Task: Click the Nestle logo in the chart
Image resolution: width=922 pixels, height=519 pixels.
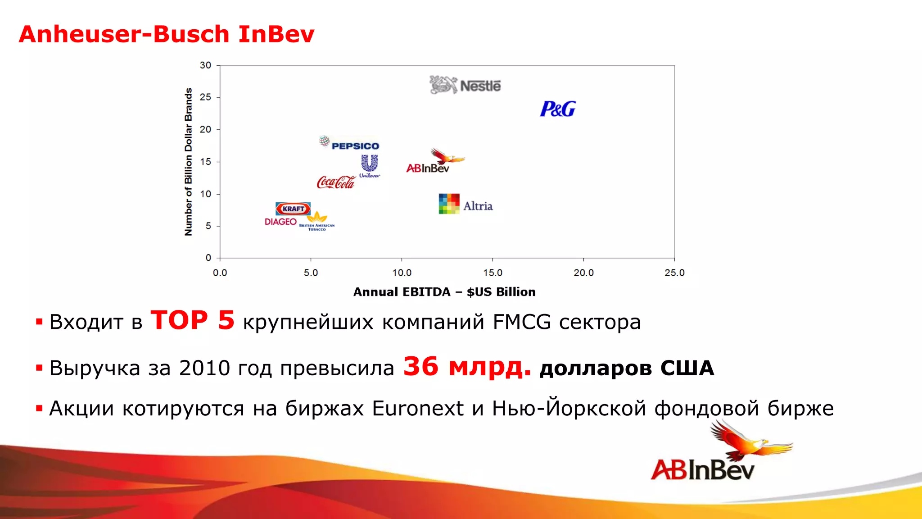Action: click(x=465, y=85)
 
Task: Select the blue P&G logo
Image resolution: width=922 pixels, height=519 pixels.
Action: click(x=558, y=109)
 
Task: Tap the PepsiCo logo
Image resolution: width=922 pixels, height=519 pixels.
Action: click(x=350, y=144)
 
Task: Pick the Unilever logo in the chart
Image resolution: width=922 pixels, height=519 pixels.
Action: click(x=370, y=166)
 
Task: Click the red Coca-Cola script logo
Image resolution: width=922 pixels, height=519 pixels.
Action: click(x=336, y=182)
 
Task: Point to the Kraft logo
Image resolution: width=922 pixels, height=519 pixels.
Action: click(x=293, y=209)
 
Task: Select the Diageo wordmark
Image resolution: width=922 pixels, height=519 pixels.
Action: click(x=280, y=222)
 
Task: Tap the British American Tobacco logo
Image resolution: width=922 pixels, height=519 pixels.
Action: click(x=317, y=222)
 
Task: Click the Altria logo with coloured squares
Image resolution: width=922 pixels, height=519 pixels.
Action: click(x=466, y=204)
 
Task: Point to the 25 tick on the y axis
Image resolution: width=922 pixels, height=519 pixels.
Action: click(x=205, y=97)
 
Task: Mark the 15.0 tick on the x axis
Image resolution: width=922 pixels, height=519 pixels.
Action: click(x=493, y=273)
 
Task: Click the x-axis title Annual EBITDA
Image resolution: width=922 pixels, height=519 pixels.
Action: click(x=444, y=292)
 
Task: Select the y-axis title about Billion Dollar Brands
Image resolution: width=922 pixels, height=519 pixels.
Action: click(x=188, y=162)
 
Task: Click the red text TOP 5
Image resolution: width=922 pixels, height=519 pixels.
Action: click(x=192, y=320)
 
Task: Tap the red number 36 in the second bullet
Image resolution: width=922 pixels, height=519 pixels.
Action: click(x=420, y=366)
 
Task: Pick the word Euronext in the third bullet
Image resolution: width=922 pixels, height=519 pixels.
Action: click(x=417, y=409)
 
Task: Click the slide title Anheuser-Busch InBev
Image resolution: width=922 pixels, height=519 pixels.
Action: click(x=167, y=34)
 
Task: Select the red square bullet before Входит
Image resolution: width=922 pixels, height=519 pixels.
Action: click(x=39, y=322)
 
